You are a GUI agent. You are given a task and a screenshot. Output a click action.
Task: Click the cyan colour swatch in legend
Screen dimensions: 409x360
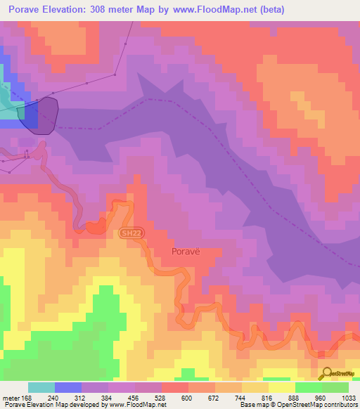tap(41, 387)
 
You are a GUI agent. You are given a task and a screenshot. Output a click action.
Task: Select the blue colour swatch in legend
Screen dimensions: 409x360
tap(68, 387)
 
